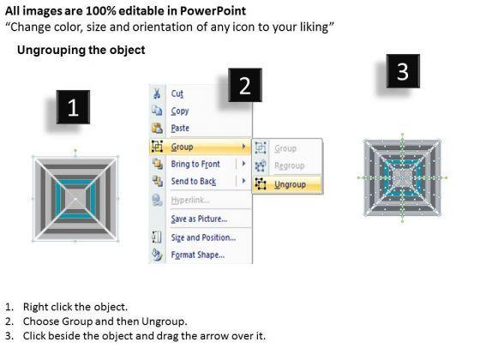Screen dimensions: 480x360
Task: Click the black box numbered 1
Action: (x=73, y=107)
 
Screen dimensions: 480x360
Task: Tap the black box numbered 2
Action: (x=245, y=85)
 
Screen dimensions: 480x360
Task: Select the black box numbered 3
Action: (x=403, y=71)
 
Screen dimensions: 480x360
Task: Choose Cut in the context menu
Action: (x=177, y=93)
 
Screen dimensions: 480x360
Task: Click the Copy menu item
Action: (x=180, y=111)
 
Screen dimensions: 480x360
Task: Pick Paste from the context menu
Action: (x=180, y=128)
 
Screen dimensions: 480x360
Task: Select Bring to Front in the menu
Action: (x=195, y=164)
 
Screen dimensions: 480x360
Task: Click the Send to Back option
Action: (x=194, y=181)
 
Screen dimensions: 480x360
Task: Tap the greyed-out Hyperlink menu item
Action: (x=190, y=201)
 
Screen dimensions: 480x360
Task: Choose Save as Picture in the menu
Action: (x=199, y=219)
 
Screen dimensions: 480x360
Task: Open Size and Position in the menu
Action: (x=204, y=237)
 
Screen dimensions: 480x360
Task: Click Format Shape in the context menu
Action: (x=198, y=255)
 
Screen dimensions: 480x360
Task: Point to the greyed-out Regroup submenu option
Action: (x=290, y=165)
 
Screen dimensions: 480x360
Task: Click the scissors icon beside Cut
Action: (x=157, y=93)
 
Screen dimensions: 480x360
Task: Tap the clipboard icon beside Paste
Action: (x=157, y=128)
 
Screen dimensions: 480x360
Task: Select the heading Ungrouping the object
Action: (x=81, y=50)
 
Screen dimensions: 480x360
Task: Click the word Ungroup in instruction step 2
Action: (x=163, y=321)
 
